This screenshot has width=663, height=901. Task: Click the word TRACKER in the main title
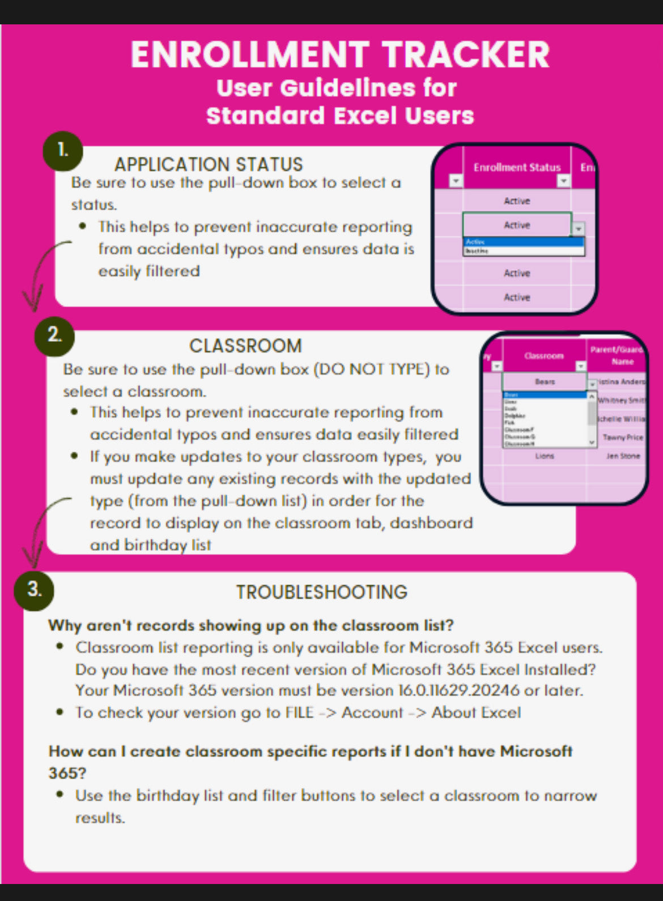(466, 55)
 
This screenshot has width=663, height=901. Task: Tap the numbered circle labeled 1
(63, 151)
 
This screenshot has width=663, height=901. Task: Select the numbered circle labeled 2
(54, 336)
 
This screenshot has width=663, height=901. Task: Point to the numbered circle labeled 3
(35, 590)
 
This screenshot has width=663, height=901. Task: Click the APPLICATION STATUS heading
(209, 164)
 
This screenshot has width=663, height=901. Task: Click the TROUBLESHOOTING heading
(322, 592)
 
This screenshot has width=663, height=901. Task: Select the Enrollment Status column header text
(517, 167)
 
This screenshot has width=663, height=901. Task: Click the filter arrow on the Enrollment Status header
(563, 181)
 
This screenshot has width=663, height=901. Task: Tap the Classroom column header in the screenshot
(544, 356)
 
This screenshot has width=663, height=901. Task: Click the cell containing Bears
(545, 382)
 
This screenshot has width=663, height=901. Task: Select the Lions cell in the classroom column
(545, 456)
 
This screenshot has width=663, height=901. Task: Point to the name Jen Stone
(623, 456)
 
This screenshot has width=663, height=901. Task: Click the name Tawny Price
(623, 437)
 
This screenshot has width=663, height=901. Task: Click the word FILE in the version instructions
(299, 713)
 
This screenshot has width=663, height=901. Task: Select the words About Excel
(476, 713)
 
